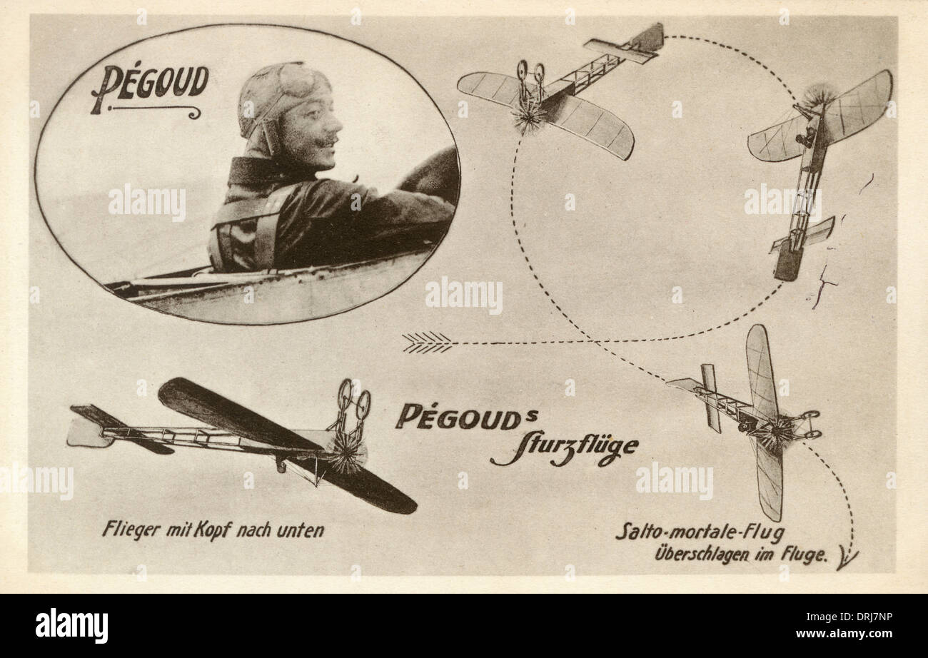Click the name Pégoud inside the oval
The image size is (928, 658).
150,88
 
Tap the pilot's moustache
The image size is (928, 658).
326,142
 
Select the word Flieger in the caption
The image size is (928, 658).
132,530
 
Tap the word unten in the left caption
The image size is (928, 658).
301,531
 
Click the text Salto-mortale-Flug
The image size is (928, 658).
700,533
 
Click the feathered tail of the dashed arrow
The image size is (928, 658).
427,343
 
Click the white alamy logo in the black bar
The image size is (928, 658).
72,625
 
